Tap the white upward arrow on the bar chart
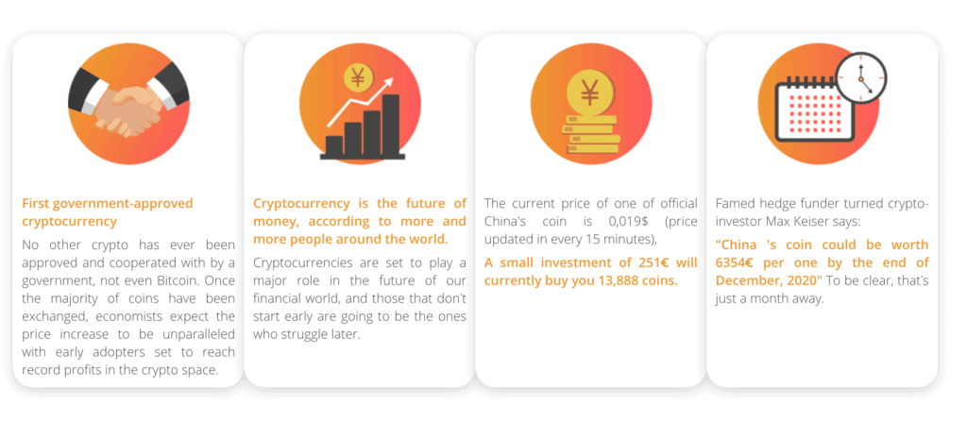[x=360, y=103]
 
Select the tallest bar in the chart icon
[x=390, y=125]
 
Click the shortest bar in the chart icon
[x=333, y=145]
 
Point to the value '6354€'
[x=736, y=263]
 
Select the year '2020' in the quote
[x=806, y=281]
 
